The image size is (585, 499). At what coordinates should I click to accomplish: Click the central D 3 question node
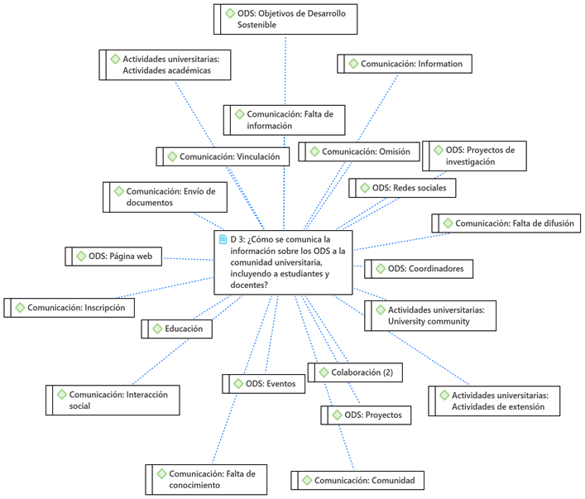282,261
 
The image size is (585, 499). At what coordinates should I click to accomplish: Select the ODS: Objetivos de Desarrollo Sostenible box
285,18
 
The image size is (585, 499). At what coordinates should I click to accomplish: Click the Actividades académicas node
165,65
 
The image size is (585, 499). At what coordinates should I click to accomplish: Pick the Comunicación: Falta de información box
284,119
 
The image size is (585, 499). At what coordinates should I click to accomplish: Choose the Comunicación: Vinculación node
223,156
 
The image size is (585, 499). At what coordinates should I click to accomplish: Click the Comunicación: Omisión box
358,151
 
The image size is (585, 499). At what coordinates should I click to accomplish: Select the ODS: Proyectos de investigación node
474,156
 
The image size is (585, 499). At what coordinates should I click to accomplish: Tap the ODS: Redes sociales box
402,188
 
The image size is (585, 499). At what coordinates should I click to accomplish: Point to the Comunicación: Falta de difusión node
506,223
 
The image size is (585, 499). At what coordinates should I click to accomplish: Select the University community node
430,315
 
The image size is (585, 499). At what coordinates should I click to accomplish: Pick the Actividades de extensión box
494,401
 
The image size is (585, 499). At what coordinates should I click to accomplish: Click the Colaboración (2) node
356,372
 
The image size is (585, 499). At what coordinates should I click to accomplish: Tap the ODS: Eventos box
264,383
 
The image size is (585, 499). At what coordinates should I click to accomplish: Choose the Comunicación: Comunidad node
358,480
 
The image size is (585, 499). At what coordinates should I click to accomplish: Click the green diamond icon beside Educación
157,329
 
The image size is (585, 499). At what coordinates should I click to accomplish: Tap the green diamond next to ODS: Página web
80,257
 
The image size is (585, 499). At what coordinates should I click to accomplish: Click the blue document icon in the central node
223,239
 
